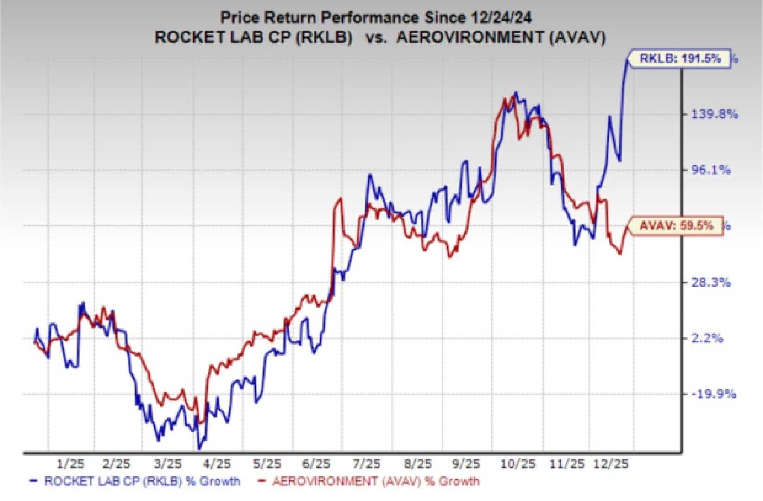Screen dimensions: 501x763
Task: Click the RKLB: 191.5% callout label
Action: tap(680, 58)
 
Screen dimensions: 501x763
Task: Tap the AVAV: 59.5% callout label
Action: tap(676, 226)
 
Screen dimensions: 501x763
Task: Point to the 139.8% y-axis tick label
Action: tap(714, 114)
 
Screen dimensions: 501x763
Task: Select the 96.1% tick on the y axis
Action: tap(711, 170)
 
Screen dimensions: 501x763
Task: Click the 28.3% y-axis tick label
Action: tap(711, 282)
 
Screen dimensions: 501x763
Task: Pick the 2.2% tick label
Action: tap(707, 338)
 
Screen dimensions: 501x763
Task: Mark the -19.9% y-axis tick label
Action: tap(713, 394)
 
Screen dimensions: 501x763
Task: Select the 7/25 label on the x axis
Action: tap(366, 463)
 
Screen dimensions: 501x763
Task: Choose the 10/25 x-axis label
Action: tap(518, 463)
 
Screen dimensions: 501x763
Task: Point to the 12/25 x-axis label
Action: tap(611, 463)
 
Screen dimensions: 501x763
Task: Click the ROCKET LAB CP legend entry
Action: tap(135, 482)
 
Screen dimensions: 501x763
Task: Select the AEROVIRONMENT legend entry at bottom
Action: tap(368, 482)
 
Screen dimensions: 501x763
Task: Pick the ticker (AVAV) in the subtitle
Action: tap(577, 37)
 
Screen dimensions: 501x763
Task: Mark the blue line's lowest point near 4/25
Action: tap(199, 449)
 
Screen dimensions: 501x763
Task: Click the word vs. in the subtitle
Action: tap(377, 37)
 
